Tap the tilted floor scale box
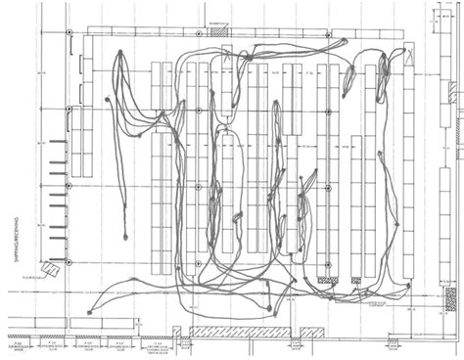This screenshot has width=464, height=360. pos(49,266)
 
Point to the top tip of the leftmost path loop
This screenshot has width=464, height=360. pos(118,51)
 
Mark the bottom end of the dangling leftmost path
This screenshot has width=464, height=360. pos(127,237)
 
